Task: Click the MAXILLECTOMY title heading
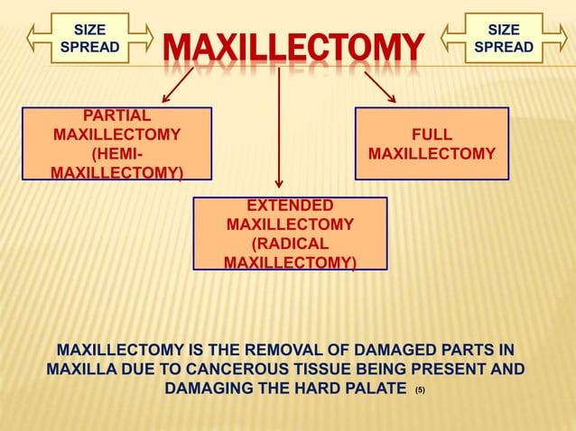point(293,47)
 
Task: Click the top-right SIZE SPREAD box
point(503,38)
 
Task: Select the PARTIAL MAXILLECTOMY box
point(117,143)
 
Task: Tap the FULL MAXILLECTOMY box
point(432,144)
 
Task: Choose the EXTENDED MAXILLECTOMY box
point(290,234)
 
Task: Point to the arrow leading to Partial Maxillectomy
point(178,87)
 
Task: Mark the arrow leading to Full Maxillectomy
point(380,87)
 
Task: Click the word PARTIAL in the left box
point(117,115)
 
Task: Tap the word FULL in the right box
point(432,134)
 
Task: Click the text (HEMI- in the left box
point(117,153)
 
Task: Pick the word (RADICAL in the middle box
point(290,243)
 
